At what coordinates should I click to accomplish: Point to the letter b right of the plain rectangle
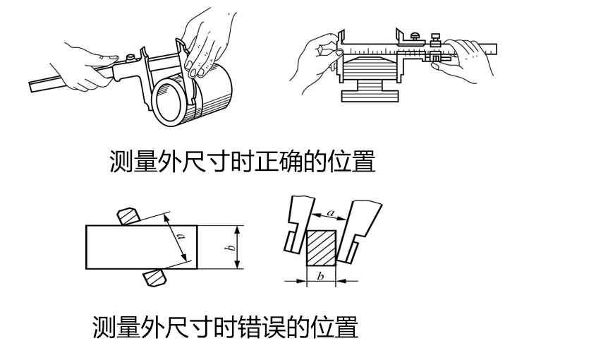[x=230, y=247]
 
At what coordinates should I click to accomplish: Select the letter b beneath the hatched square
[x=320, y=275]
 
